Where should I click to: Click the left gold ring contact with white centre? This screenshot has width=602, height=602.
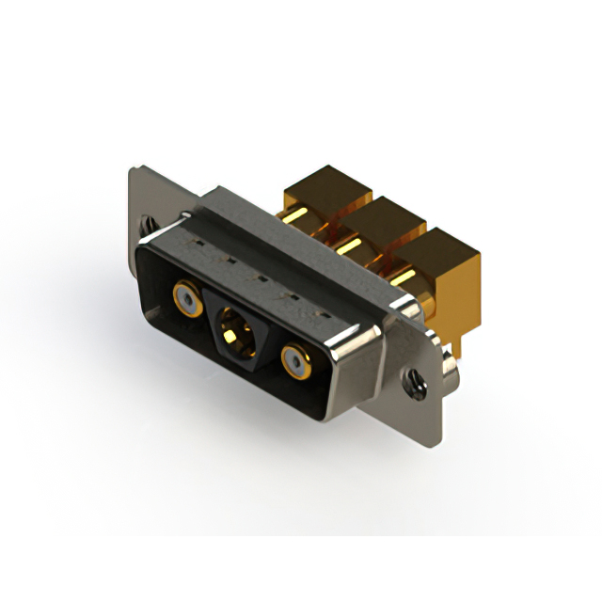pyautogui.click(x=187, y=301)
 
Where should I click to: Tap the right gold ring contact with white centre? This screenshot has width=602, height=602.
pyautogui.click(x=297, y=361)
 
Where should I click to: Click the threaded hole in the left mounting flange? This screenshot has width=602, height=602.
pyautogui.click(x=147, y=226)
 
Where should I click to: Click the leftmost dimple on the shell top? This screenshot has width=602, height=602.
pyautogui.click(x=199, y=244)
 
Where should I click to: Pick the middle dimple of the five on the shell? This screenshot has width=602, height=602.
pyautogui.click(x=255, y=272)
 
